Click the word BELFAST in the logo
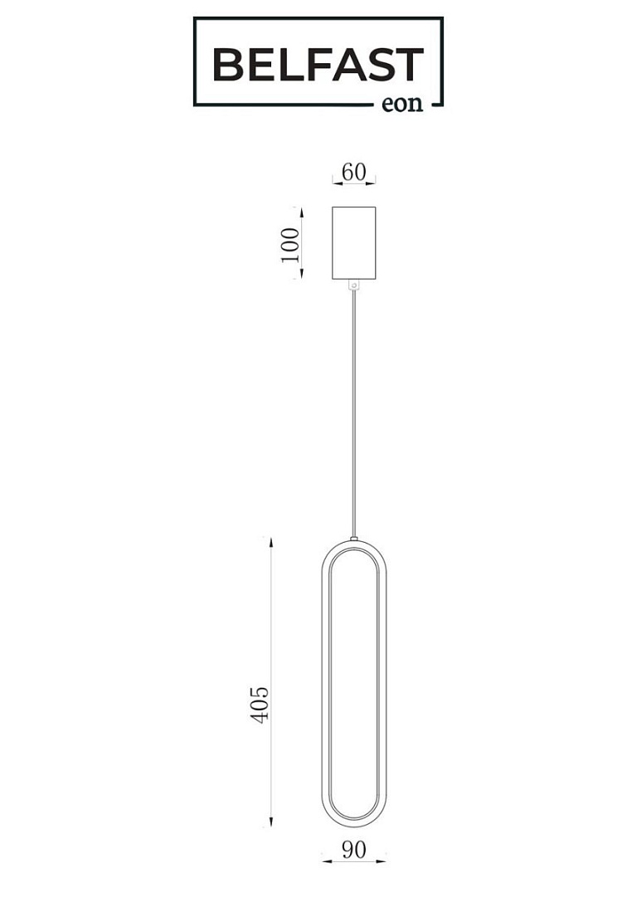tap(318, 65)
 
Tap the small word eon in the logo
tap(402, 104)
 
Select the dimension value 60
tap(353, 172)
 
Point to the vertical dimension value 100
tap(290, 245)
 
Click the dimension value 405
tap(260, 705)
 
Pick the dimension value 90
tap(353, 849)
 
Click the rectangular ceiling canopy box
tap(353, 243)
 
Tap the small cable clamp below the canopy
tap(353, 285)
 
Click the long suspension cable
tap(353, 413)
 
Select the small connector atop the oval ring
tap(353, 539)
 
